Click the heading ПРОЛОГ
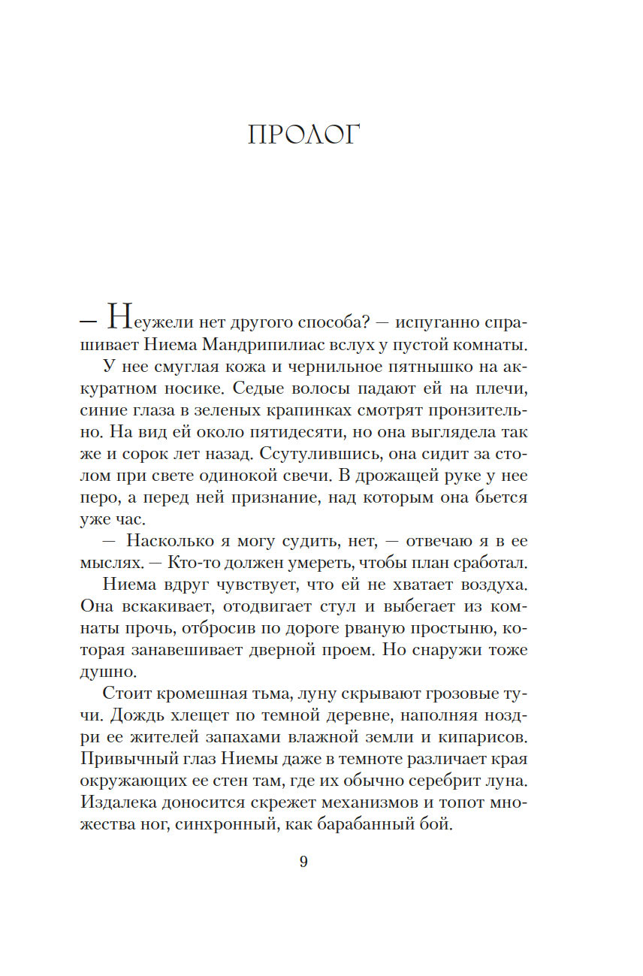[x=303, y=135]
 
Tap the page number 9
[x=303, y=862]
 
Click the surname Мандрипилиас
[x=281, y=346]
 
